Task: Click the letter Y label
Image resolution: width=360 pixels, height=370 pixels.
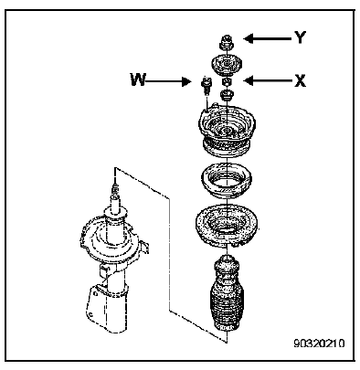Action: tap(300, 37)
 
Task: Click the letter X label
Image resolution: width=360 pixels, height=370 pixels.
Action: tap(300, 80)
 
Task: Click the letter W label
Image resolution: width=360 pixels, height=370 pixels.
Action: tap(138, 79)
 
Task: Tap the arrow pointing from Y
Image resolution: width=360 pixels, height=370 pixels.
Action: tap(267, 38)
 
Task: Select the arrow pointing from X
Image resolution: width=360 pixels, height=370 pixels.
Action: tap(267, 80)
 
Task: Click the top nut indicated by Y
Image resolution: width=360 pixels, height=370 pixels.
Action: tap(227, 43)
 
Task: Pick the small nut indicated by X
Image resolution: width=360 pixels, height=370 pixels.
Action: tap(227, 82)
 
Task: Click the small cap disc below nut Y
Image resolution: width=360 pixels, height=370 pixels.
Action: tap(227, 65)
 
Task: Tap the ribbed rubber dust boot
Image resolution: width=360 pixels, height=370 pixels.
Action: tap(227, 295)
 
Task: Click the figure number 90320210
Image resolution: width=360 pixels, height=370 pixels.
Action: tap(319, 344)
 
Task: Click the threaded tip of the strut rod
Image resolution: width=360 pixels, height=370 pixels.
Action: tap(115, 190)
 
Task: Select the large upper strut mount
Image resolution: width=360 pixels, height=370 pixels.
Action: tap(227, 132)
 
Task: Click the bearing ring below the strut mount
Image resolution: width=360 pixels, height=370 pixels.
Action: tap(227, 181)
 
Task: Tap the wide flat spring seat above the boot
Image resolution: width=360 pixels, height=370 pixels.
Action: tap(227, 226)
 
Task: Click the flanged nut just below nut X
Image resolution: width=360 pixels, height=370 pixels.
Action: tap(227, 95)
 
